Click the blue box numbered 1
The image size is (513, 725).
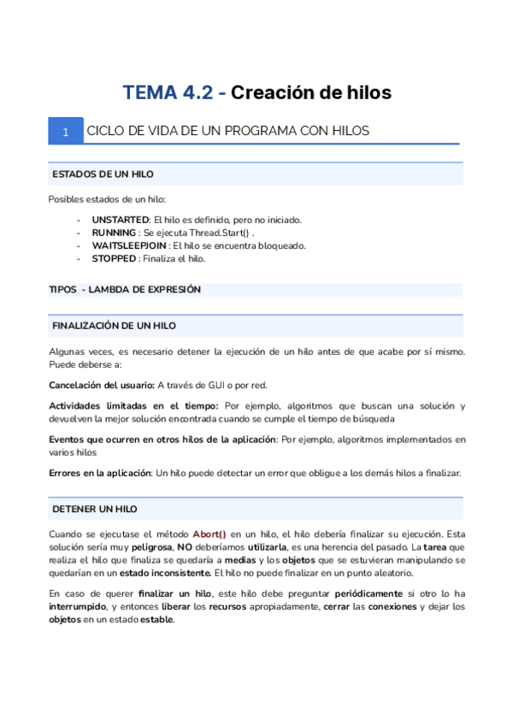[66, 132]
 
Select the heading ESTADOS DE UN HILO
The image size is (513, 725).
[103, 174]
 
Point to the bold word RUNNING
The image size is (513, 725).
[113, 233]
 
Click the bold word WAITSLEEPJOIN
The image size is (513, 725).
[128, 245]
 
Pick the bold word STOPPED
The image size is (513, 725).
[114, 258]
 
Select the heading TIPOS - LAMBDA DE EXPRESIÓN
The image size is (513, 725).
[125, 290]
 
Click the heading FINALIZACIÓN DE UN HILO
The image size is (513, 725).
[115, 327]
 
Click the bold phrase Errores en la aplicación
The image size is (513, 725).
[99, 473]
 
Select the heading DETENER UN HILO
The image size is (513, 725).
[95, 509]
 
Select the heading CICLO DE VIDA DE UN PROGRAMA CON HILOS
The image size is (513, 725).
[227, 132]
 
